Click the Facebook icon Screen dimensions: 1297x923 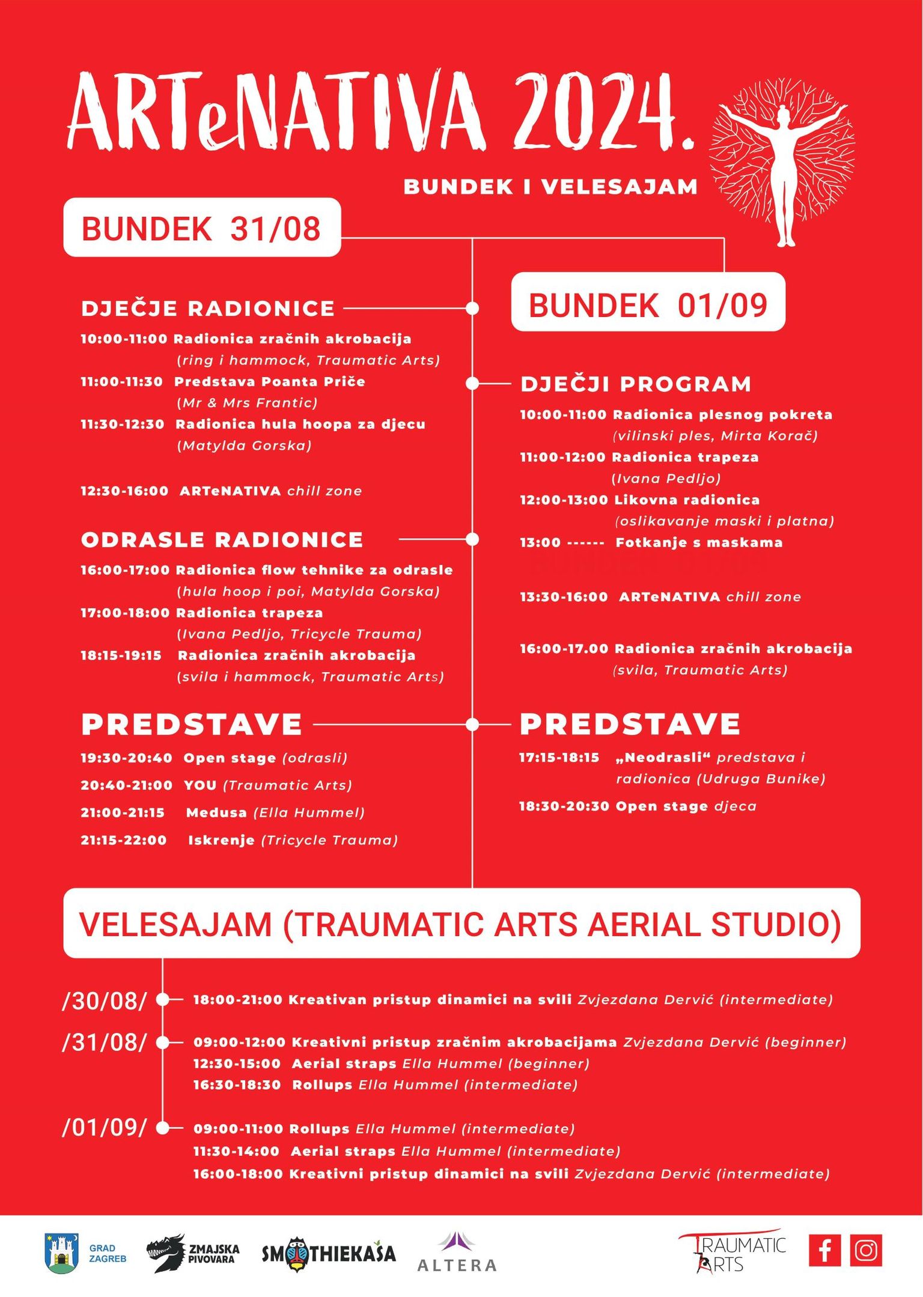[x=825, y=1250]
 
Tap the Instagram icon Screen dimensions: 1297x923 [x=866, y=1250]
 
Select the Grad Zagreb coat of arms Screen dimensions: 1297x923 [x=61, y=1253]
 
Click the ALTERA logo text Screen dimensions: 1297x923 [x=457, y=1265]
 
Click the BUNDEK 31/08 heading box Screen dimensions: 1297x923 [x=202, y=228]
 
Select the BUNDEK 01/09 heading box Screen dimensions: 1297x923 [x=648, y=303]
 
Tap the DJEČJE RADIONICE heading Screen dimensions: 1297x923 [x=208, y=309]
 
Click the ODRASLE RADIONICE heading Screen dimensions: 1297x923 [x=222, y=540]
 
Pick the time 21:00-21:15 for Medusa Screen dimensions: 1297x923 [x=123, y=812]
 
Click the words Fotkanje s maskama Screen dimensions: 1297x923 [x=699, y=543]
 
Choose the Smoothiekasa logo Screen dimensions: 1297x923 [x=329, y=1254]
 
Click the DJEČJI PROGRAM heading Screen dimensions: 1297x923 [x=636, y=384]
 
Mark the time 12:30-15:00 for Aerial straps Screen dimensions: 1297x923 [x=237, y=1064]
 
